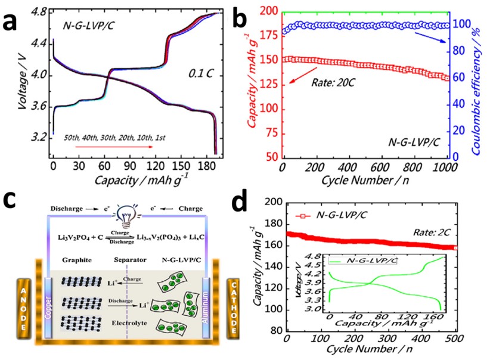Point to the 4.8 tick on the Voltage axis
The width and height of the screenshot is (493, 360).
pyautogui.click(x=39, y=10)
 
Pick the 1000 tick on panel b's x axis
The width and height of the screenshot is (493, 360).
pyautogui.click(x=447, y=165)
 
